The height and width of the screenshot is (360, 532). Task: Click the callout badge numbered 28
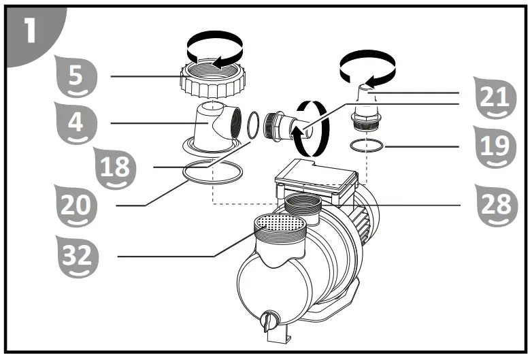click(491, 205)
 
